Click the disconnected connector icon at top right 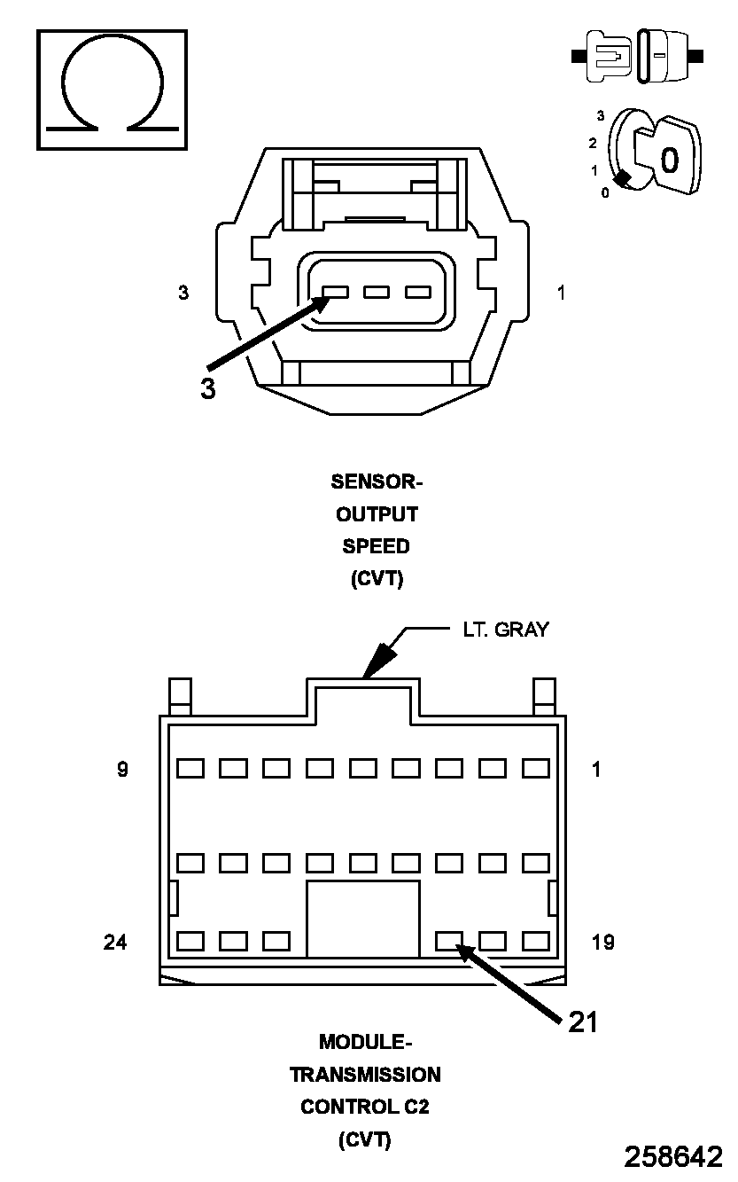point(638,56)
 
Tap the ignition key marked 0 point(669,158)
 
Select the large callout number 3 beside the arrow point(207,388)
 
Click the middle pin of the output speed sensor point(377,292)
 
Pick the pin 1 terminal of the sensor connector point(417,292)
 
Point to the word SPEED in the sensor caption point(377,546)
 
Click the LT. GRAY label point(505,630)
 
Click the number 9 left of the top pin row point(122,769)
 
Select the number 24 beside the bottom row point(115,942)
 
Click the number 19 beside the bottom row point(602,942)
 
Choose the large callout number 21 point(582,1022)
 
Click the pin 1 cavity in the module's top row point(535,768)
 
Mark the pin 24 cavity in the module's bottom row point(190,941)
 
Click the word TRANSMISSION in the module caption point(365,1075)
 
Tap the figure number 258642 point(673,1157)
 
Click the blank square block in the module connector point(362,919)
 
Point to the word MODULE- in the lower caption point(365,1041)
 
